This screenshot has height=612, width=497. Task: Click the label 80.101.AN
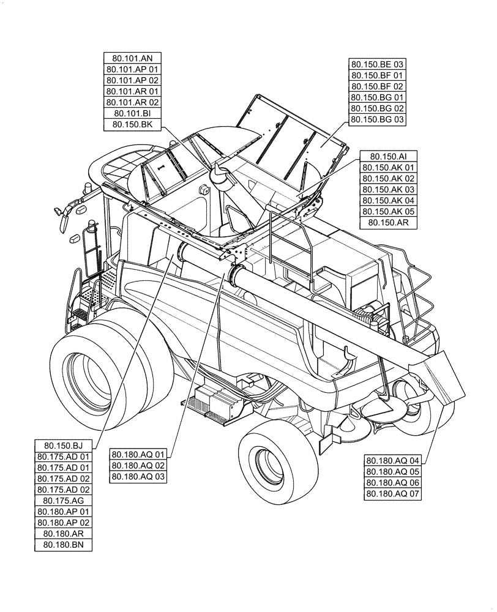(133, 58)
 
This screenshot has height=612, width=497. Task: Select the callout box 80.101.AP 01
(133, 69)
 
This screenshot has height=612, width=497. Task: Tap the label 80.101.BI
(133, 113)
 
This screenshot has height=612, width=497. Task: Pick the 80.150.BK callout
(133, 124)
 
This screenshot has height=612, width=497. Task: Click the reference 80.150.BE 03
(378, 64)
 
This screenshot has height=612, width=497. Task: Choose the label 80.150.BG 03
(378, 119)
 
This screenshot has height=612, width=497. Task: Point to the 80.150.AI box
(389, 157)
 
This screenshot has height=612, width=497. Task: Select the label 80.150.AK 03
(389, 190)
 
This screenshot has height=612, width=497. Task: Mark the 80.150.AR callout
(389, 223)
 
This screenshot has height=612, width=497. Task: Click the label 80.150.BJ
(64, 446)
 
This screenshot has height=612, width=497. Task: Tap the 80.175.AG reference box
(64, 501)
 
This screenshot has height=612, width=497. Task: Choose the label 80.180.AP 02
(64, 523)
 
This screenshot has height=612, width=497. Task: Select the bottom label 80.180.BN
(64, 545)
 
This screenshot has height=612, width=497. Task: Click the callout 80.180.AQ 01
(138, 455)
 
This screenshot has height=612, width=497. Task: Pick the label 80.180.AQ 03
(138, 477)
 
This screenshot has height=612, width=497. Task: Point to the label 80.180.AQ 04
(393, 461)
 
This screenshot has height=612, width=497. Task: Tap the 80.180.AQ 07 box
(393, 494)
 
